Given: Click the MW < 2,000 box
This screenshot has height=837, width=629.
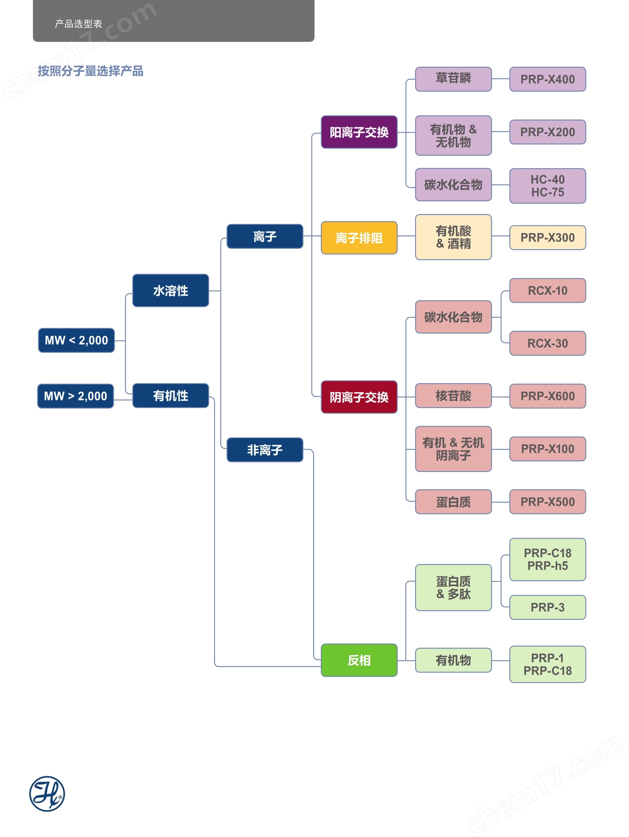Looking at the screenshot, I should pos(76,340).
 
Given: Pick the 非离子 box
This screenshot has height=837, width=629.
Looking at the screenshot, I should pos(265,449).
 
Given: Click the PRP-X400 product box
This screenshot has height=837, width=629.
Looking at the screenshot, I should pos(547,79).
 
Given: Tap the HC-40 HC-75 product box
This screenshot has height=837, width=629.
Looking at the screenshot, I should pos(547,186).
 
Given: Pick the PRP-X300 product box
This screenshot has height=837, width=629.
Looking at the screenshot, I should pos(547,238).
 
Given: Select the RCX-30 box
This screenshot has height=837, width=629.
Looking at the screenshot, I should pos(547,343).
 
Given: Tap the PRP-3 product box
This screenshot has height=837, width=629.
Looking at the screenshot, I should pos(547,607).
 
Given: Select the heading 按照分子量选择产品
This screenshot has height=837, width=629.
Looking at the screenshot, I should pos(90,71).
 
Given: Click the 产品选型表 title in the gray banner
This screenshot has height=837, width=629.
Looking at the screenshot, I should pos(78,24).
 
